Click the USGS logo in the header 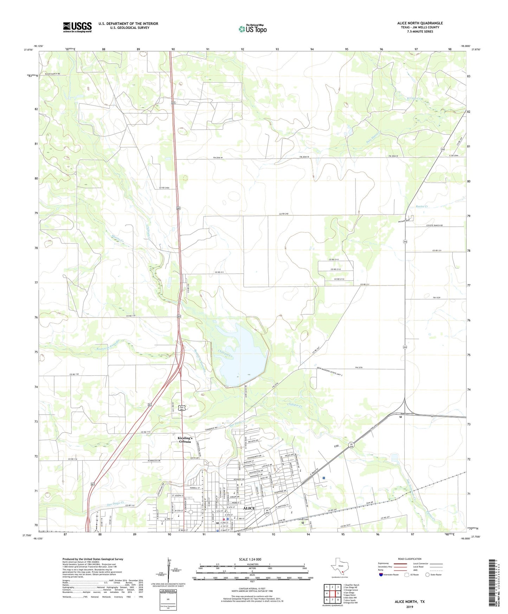[77, 27]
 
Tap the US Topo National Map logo [252, 28]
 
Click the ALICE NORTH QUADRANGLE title [420, 23]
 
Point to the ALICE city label [249, 508]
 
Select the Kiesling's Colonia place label [185, 440]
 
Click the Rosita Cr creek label [421, 206]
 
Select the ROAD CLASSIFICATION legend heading [410, 559]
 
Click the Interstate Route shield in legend [381, 575]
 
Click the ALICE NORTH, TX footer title [410, 602]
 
